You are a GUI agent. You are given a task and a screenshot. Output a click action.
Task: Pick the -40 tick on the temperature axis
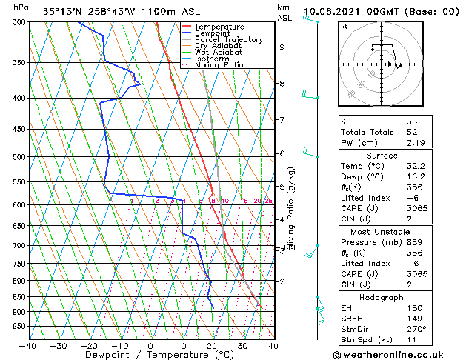click(x=28, y=346)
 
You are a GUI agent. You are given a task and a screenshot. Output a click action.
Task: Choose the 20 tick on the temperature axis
click(x=212, y=346)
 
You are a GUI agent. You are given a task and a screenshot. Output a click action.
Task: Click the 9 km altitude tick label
click(x=282, y=47)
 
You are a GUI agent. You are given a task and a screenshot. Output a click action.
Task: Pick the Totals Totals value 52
click(x=411, y=132)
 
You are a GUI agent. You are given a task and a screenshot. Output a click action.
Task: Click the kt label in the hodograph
click(x=344, y=27)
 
